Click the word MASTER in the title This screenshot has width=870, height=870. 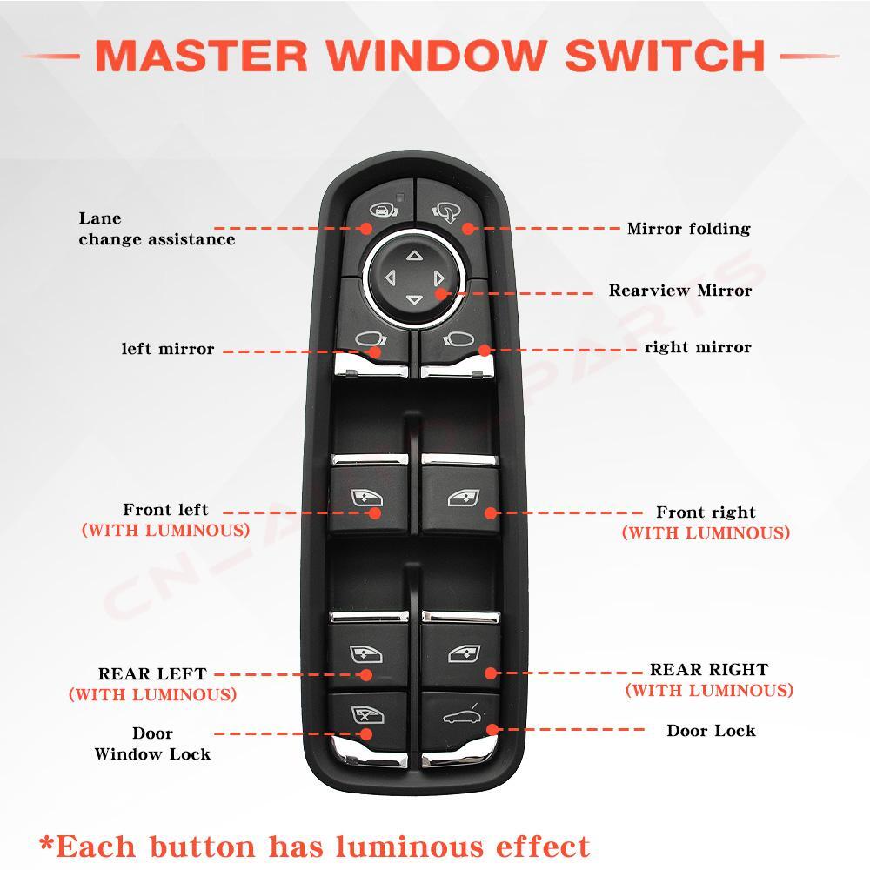[203, 56]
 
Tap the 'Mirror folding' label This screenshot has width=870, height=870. [688, 229]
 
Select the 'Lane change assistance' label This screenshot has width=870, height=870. [157, 229]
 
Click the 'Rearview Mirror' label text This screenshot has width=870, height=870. [679, 291]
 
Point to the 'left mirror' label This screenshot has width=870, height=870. [167, 349]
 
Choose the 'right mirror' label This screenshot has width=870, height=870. [698, 347]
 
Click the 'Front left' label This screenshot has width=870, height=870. [165, 510]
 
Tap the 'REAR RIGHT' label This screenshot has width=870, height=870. [709, 670]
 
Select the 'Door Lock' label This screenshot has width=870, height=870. [711, 731]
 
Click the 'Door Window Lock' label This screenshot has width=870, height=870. [152, 744]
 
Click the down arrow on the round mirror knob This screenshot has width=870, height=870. [413, 300]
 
